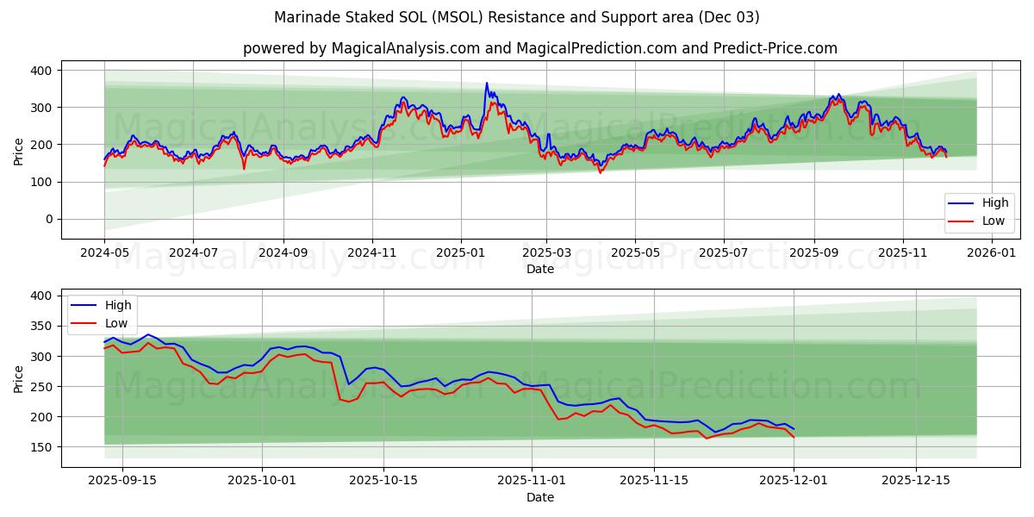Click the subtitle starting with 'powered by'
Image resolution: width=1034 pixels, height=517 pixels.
point(539,48)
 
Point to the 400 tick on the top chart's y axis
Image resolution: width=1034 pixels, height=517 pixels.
point(40,70)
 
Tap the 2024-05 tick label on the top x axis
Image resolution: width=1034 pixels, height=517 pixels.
point(104,253)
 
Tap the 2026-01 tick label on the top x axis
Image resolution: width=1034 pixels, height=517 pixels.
point(993,253)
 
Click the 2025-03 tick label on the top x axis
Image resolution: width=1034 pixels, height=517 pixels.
point(546,253)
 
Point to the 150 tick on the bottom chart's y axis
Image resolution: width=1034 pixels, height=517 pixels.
point(40,447)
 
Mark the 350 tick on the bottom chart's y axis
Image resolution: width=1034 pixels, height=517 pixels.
point(40,326)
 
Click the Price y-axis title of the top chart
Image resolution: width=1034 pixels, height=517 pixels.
point(19,152)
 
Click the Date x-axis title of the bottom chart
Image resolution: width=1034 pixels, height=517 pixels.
point(539,498)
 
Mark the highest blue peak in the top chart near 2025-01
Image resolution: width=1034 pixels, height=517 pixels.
point(486,84)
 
